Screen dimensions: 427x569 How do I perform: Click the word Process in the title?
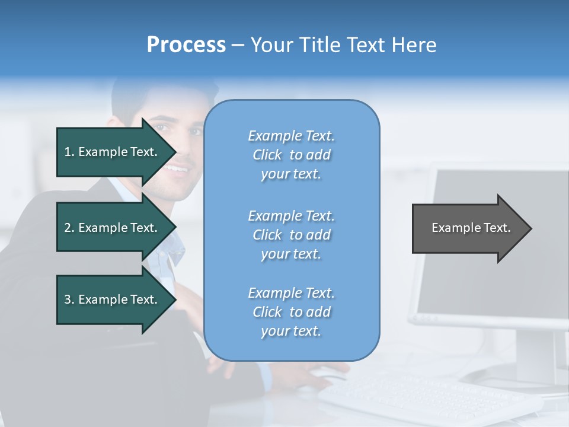[x=186, y=45]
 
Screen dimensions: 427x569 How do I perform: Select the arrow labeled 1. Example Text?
[x=113, y=152]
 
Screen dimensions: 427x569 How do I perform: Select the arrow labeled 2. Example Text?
[x=113, y=228]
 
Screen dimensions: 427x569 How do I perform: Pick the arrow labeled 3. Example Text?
[x=113, y=299]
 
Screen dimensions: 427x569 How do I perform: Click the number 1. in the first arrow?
[x=69, y=152]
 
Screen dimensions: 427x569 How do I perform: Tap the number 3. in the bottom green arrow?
[x=69, y=299]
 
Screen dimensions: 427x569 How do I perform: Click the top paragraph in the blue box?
[x=291, y=155]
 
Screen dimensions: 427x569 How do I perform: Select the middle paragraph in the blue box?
[x=291, y=235]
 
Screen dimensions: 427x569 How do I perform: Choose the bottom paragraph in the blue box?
[x=291, y=312]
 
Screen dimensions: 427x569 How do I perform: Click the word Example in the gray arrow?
[x=451, y=228]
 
